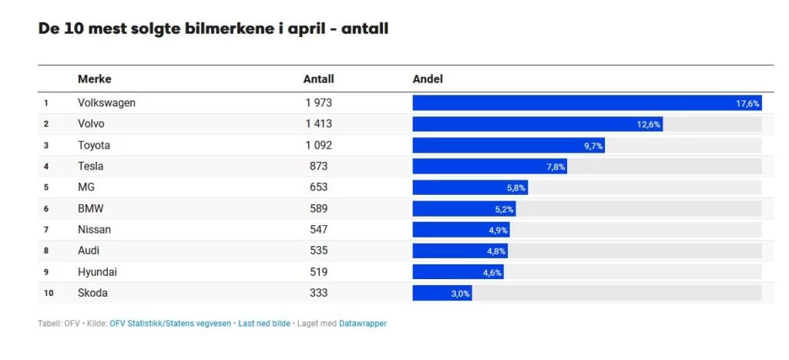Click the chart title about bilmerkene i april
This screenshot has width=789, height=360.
tap(213, 29)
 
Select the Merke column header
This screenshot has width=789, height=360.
tap(94, 79)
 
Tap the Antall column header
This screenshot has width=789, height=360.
tap(318, 79)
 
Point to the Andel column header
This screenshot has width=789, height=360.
tap(428, 79)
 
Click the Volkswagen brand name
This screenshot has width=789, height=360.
tap(106, 103)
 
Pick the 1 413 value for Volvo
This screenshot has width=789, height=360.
tap(318, 123)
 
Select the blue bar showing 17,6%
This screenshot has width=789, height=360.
tap(574, 103)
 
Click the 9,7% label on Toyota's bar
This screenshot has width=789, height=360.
tap(593, 146)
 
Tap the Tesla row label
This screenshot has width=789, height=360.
tap(90, 166)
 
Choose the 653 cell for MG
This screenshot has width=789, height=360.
tap(318, 187)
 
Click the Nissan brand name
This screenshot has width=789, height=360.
tap(94, 229)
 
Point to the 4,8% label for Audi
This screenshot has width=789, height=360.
tap(495, 251)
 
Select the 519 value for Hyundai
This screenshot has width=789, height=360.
tap(318, 271)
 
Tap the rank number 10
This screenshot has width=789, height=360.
tap(48, 293)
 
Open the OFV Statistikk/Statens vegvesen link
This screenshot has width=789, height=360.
tap(170, 324)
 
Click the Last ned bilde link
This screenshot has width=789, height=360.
tap(264, 324)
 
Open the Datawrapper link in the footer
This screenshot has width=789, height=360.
tap(363, 324)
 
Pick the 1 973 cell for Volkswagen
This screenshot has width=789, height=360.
tap(318, 103)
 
